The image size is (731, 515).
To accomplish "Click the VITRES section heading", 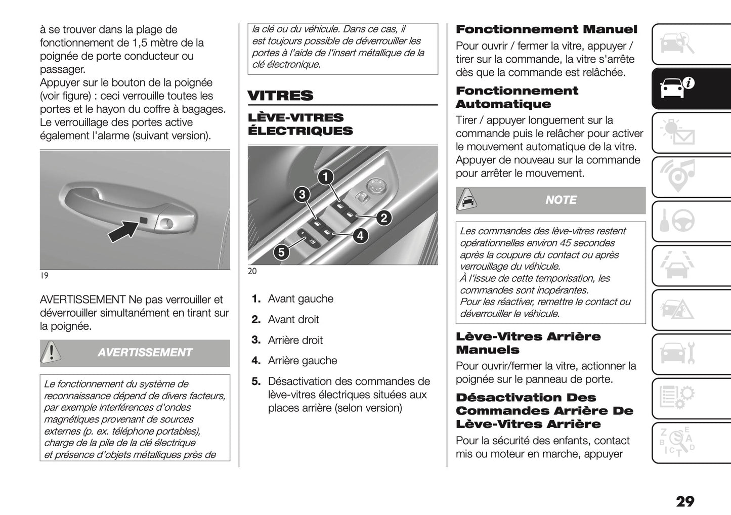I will click(280, 96).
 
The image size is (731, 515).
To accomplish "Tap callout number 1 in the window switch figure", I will click(326, 177).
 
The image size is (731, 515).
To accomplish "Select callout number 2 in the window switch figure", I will click(383, 218).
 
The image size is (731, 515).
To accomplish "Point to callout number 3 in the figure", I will click(302, 194).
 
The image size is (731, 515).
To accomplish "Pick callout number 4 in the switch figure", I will click(360, 236).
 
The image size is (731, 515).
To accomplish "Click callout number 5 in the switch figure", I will click(281, 252).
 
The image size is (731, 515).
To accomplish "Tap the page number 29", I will click(685, 501).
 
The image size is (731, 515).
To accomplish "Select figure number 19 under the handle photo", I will click(44, 276).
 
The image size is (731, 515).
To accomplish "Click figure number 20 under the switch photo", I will click(252, 271).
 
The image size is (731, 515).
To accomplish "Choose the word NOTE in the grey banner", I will click(561, 200).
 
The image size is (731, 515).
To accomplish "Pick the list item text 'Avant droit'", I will click(293, 320).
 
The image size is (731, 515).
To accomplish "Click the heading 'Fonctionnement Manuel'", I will click(546, 29).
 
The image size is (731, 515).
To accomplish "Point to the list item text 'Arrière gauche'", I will click(302, 361).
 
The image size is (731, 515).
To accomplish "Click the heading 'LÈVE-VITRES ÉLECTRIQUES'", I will click(300, 124).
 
